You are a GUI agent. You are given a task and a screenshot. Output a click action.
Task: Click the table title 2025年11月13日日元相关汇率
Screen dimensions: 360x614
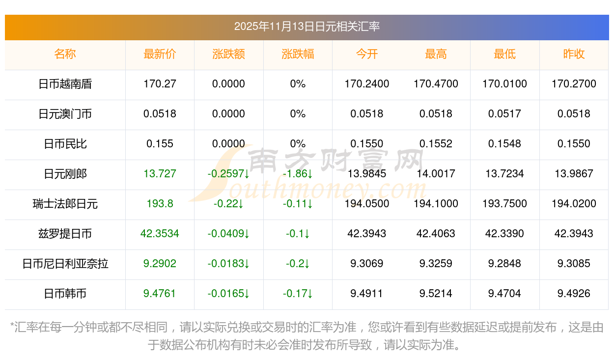(x=307, y=27)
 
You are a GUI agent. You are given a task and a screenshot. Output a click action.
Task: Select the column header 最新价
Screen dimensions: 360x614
(x=160, y=54)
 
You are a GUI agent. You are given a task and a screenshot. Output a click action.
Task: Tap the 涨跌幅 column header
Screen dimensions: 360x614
(x=298, y=54)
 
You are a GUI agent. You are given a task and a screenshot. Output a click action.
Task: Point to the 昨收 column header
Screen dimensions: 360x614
(x=574, y=54)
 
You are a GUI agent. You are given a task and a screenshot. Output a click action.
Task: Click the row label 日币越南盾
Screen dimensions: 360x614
(x=65, y=84)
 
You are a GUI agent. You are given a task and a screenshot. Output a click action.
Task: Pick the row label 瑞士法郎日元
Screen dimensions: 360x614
(x=65, y=204)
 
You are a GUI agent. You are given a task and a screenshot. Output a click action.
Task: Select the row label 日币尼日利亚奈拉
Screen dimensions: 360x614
(x=65, y=264)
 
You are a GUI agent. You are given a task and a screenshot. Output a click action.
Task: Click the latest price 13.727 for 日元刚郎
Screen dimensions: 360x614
(x=160, y=174)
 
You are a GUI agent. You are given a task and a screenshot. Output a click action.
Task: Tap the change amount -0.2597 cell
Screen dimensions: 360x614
(x=228, y=174)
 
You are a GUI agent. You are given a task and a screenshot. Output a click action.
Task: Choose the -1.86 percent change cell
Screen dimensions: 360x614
(x=298, y=174)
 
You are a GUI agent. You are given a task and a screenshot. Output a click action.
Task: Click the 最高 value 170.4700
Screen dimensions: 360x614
(x=436, y=84)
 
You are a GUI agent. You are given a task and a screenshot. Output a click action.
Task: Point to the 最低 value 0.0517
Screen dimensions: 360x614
(x=504, y=114)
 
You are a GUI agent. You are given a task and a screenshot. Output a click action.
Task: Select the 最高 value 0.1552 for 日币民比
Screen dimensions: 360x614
(x=436, y=144)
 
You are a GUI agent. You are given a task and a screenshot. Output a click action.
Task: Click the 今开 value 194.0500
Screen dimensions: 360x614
(x=367, y=204)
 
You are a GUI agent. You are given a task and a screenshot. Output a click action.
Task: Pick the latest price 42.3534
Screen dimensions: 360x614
(x=160, y=234)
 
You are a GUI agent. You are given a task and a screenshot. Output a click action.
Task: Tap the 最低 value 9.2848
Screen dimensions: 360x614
(x=504, y=264)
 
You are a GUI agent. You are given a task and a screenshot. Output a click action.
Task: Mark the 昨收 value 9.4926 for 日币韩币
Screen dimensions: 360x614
(x=574, y=294)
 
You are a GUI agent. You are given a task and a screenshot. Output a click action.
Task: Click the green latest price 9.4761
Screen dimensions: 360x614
(x=160, y=294)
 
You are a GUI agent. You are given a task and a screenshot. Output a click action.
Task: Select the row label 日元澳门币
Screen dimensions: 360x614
(x=65, y=114)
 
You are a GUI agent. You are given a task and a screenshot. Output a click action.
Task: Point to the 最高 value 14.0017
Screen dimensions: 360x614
(x=436, y=174)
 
